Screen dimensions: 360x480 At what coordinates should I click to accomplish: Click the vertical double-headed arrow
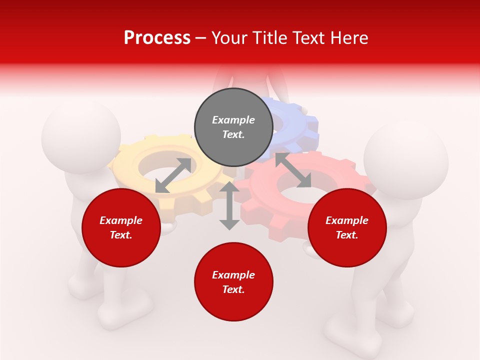pos(229,205)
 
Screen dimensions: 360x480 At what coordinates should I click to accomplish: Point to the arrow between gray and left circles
pos(173,175)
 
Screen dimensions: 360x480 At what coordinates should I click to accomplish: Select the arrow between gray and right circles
pos(293,170)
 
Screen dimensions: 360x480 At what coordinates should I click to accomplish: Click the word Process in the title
pos(157,37)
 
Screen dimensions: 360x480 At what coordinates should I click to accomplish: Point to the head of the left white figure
pos(81,136)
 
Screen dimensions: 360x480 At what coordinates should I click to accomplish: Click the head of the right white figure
pos(406,159)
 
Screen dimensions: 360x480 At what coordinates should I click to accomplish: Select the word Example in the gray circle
pos(233,120)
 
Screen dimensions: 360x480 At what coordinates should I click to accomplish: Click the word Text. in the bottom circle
pos(233,289)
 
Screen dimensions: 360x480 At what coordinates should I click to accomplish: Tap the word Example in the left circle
pos(121,220)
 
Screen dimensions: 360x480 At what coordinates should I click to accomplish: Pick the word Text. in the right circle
pos(347,235)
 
